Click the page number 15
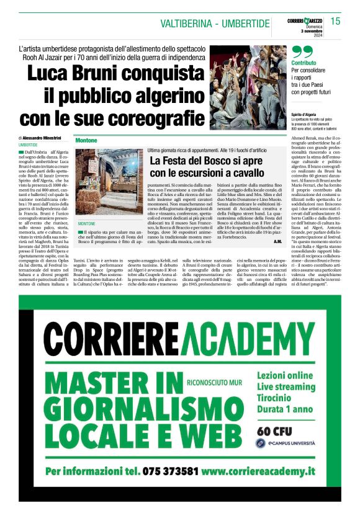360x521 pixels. (x=336, y=22)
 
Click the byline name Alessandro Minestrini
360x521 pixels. (x=43, y=138)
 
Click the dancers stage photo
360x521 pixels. (x=248, y=86)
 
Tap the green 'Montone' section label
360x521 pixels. (x=87, y=141)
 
